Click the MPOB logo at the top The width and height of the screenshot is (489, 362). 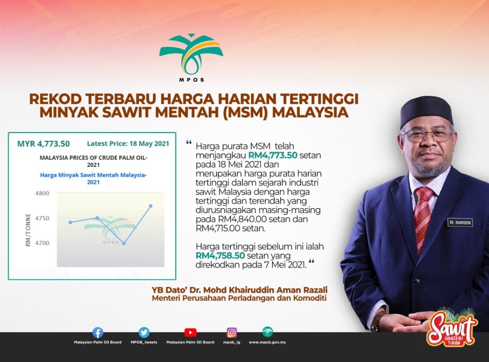191,58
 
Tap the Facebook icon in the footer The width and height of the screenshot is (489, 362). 98,333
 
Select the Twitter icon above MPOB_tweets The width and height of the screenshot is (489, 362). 144,333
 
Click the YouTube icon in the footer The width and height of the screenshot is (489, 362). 190,333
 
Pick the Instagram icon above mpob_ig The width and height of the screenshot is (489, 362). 231,333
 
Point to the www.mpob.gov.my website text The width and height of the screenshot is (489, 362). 267,342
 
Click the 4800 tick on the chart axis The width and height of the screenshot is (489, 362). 42,193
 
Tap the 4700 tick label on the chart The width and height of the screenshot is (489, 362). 42,243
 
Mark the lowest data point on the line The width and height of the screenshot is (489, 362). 124,243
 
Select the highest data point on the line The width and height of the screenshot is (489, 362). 151,206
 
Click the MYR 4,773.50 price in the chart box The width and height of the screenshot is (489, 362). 43,144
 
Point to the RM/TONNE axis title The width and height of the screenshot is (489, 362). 29,230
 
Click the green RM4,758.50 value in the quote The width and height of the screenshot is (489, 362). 220,255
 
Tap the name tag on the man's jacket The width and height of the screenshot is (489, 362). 460,222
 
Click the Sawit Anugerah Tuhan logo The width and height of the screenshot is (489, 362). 452,327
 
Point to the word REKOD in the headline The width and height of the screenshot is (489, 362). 56,99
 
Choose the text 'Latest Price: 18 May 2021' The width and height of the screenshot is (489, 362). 128,144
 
